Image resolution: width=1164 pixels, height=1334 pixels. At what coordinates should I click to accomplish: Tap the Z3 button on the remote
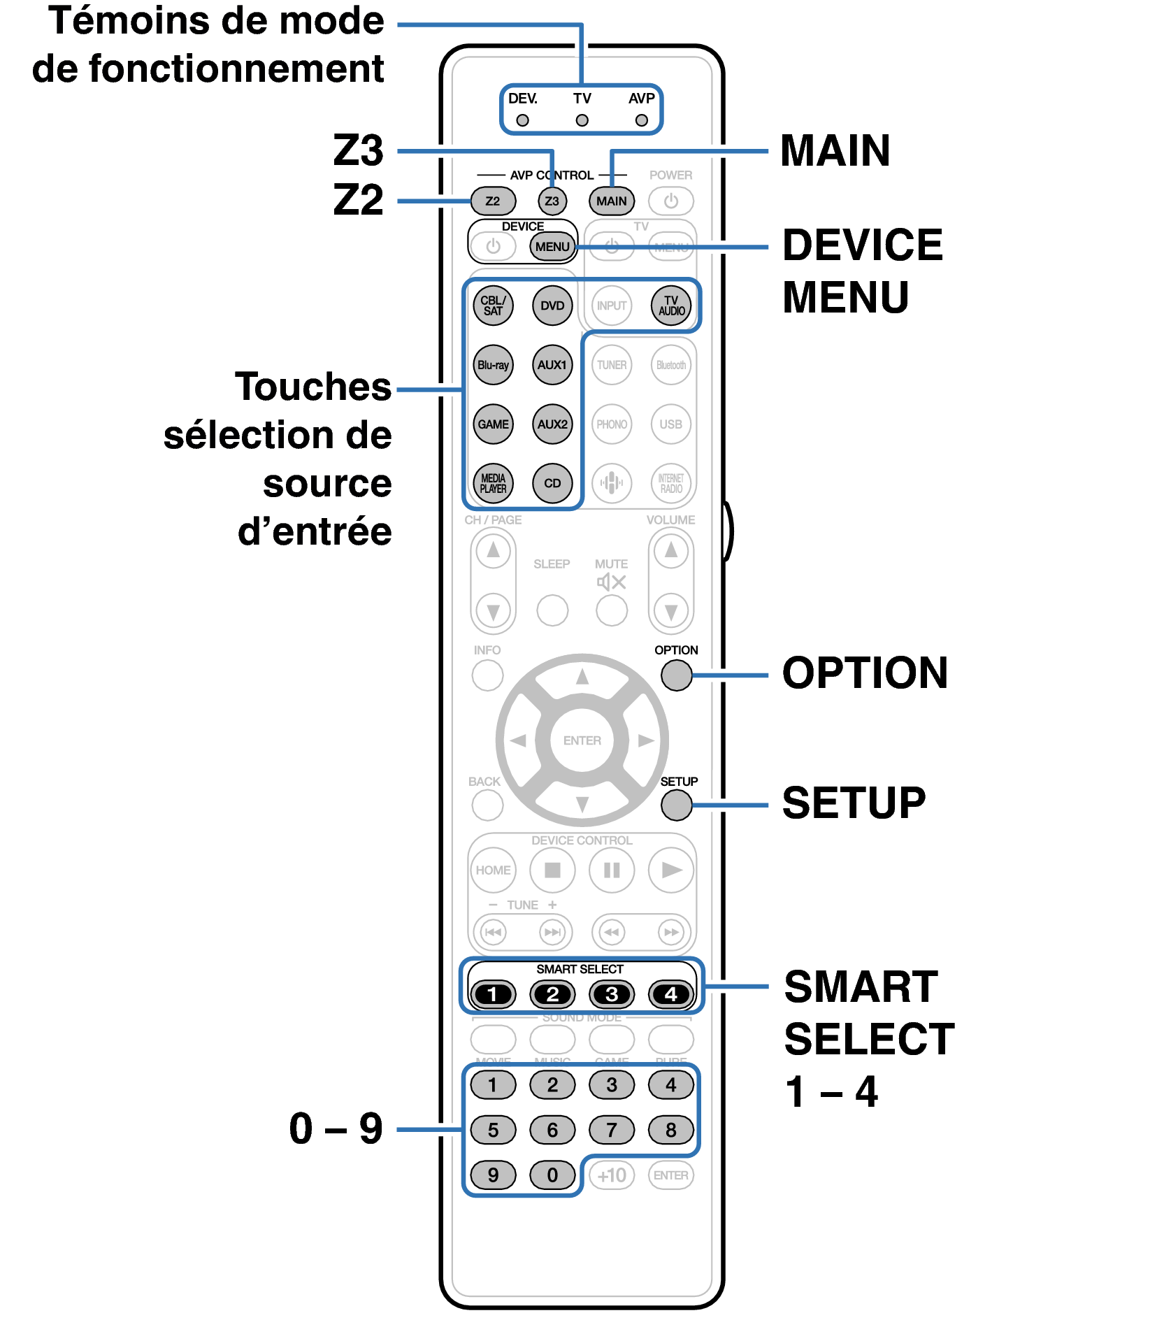[552, 201]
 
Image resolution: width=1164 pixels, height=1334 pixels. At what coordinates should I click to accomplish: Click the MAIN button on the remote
[612, 201]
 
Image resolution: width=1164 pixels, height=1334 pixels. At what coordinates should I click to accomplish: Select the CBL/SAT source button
[493, 306]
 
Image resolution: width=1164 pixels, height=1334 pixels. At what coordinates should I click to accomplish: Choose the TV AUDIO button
[671, 306]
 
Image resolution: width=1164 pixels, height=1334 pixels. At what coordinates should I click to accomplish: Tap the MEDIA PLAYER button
[493, 483]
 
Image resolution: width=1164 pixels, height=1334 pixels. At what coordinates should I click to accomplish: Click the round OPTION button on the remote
[676, 675]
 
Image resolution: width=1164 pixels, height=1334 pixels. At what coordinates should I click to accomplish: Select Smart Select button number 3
[612, 994]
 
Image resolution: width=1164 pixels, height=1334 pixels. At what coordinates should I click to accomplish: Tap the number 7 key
[612, 1130]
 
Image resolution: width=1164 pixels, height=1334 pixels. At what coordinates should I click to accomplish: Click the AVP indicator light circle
[641, 120]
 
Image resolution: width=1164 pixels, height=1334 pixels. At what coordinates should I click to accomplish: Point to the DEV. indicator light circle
[522, 120]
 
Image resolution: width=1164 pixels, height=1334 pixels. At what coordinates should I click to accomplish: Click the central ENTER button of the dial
[582, 740]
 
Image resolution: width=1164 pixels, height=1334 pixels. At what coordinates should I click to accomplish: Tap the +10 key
[612, 1175]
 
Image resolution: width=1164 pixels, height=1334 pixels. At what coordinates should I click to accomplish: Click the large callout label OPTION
[865, 673]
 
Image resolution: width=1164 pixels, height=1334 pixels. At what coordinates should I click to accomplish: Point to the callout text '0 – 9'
[336, 1129]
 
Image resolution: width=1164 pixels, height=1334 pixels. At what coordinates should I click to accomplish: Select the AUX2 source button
[552, 424]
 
